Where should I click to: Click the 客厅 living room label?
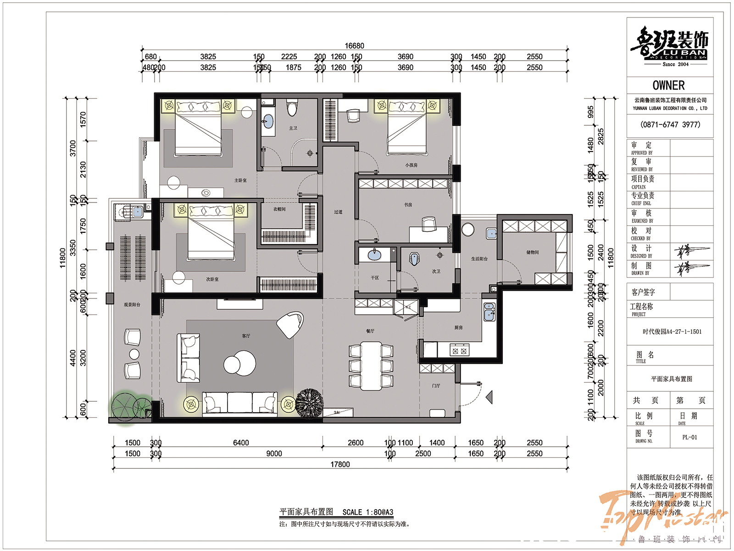[x=246, y=336]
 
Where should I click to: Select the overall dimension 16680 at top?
[x=354, y=46]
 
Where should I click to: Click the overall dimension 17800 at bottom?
[x=340, y=464]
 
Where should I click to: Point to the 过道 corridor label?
[x=338, y=212]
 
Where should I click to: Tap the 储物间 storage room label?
[x=533, y=252]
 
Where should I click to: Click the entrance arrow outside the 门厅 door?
[x=489, y=397]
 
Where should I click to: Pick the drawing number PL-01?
[x=690, y=437]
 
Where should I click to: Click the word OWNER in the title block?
[x=668, y=85]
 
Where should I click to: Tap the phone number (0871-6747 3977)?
[x=670, y=124]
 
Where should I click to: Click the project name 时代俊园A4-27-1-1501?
[x=672, y=332]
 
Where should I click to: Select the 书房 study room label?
[x=408, y=205]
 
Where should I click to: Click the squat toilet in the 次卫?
[x=415, y=259]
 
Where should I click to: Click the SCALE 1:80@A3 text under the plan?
[x=367, y=512]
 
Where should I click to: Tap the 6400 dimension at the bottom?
[x=241, y=443]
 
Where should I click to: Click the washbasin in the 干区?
[x=375, y=255]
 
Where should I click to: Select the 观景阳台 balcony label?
[x=132, y=305]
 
